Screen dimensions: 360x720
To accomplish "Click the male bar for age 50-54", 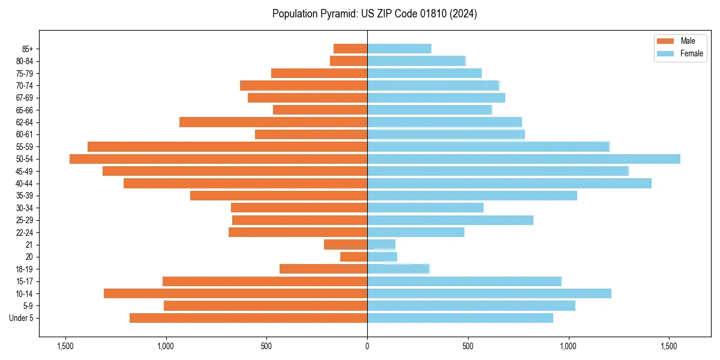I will point(218,159).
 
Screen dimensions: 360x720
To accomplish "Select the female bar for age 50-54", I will point(524,159).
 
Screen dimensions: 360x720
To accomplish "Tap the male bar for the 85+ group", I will point(350,49).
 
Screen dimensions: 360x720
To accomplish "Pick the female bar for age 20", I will point(382,257).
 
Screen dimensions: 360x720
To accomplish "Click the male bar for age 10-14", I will point(235,293).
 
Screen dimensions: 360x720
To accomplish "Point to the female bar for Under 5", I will point(460,318).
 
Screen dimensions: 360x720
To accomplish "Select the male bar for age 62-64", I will point(273,122).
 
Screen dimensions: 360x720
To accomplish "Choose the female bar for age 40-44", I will point(509,183).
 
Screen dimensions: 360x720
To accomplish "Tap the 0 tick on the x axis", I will point(367,346).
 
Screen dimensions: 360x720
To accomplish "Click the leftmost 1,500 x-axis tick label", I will point(65,346).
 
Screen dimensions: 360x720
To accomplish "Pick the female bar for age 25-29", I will point(450,220).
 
